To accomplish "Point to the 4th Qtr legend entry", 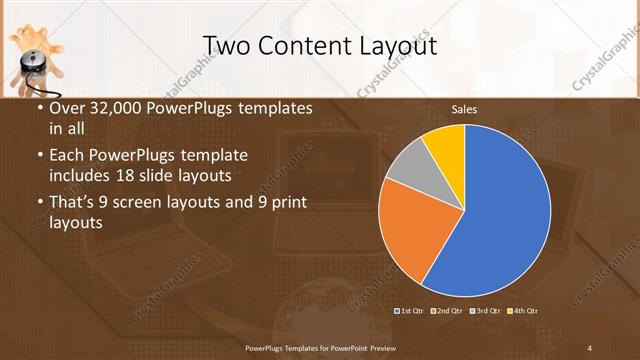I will [x=525, y=311].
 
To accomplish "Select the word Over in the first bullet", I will [x=66, y=108].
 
